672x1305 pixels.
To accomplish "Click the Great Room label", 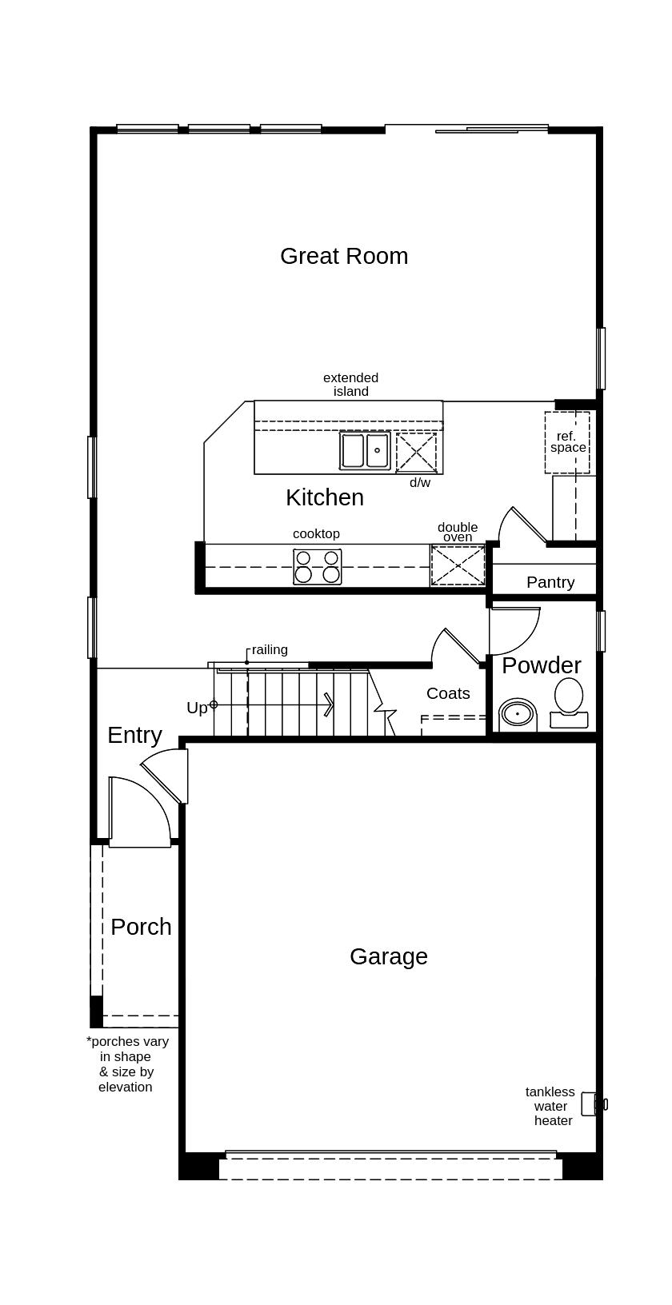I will point(344,256).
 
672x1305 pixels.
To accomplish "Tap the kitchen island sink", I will point(365,451).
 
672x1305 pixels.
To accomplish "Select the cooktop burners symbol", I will point(317,566).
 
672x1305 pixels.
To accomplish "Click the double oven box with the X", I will point(458,565).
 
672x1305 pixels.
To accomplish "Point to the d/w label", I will point(419,483).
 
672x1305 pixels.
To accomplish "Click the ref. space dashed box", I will point(567,442).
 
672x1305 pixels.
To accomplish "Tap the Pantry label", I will point(550,582).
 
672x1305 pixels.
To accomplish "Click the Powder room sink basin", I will point(518,713).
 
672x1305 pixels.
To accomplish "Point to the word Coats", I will point(448,693).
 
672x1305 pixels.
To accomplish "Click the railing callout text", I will point(270,650).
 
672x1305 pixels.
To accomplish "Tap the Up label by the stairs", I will point(197,708).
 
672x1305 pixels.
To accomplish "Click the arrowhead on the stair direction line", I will point(330,704).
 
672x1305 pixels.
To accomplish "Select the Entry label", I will point(134,735).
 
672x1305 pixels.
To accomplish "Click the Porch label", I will point(141,927).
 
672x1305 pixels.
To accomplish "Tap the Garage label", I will point(389,956).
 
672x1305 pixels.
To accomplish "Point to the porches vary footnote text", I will point(126,1064).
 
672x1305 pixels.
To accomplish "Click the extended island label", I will point(350,385).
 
